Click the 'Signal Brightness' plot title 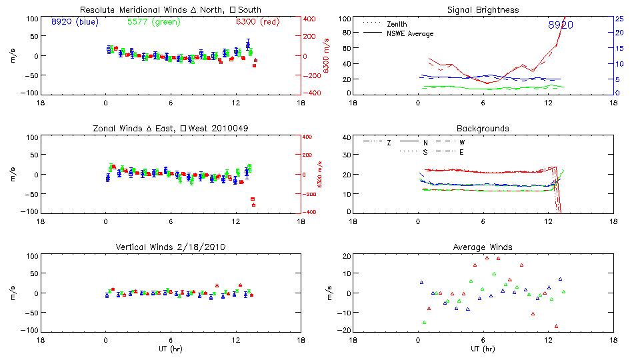[483, 10]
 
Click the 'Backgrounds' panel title [483, 128]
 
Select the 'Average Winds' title [483, 247]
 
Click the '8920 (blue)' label [75, 22]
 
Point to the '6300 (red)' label [257, 22]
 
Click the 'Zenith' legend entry [395, 24]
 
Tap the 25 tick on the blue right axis [619, 18]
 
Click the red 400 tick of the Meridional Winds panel [312, 19]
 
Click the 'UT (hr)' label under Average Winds [483, 349]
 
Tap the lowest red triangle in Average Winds [555, 326]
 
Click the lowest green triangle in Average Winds [424, 323]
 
